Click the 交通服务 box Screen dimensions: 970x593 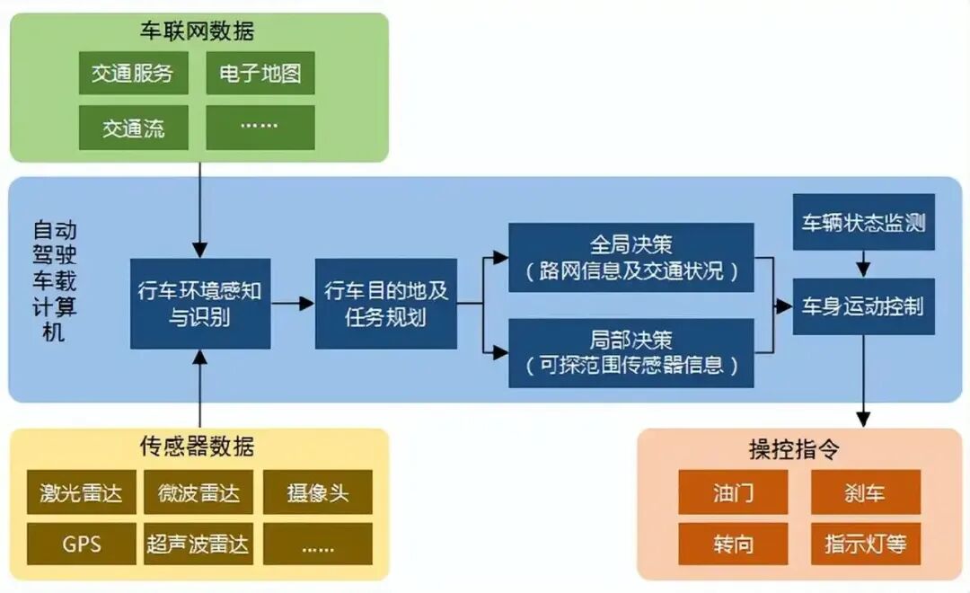pyautogui.click(x=134, y=73)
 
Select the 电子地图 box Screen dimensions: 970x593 pyautogui.click(x=260, y=73)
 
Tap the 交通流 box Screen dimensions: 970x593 pyautogui.click(x=134, y=128)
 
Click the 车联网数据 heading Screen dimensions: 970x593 pyautogui.click(x=197, y=31)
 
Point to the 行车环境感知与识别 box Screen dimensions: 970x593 pyautogui.click(x=200, y=304)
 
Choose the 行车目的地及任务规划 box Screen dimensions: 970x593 pyautogui.click(x=386, y=304)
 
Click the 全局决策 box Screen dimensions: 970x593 pyautogui.click(x=631, y=258)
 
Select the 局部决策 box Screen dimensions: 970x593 pyautogui.click(x=631, y=353)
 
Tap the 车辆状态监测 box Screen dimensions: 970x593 pyautogui.click(x=864, y=222)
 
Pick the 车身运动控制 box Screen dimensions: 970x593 pyautogui.click(x=864, y=306)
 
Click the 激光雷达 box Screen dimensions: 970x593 pyautogui.click(x=82, y=492)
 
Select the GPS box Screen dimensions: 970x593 pyautogui.click(x=82, y=544)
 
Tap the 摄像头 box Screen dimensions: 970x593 pyautogui.click(x=318, y=492)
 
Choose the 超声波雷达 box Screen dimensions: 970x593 pyautogui.click(x=198, y=544)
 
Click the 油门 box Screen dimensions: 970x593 pyautogui.click(x=733, y=492)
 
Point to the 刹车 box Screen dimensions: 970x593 pyautogui.click(x=866, y=492)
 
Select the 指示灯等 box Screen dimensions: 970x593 pyautogui.click(x=866, y=544)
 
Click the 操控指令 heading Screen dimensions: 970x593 pyautogui.click(x=794, y=448)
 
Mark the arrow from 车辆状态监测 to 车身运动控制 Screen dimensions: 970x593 pyautogui.click(x=864, y=263)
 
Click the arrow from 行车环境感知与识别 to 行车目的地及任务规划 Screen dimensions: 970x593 pyautogui.click(x=293, y=304)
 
